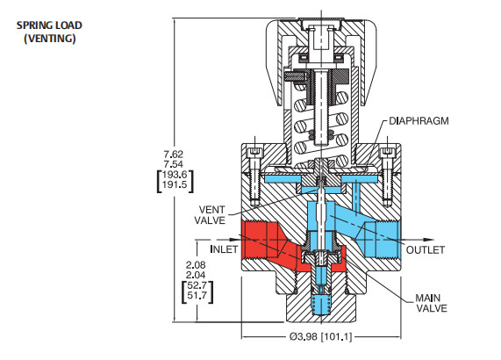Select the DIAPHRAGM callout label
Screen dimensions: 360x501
[x=419, y=122]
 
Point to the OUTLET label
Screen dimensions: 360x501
[x=426, y=249]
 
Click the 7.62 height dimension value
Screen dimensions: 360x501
[x=174, y=155]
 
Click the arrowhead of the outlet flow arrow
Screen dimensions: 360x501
[x=431, y=237]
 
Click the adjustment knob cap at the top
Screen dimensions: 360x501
[x=319, y=35]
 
